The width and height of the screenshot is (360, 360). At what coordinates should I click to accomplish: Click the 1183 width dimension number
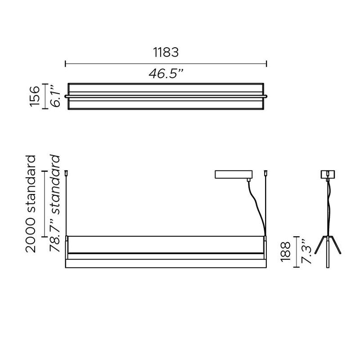point(166,52)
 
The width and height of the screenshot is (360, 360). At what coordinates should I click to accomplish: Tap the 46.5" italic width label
point(166,74)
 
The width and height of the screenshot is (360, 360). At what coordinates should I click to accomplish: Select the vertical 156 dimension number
point(35,96)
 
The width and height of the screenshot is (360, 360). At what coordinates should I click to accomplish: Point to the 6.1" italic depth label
point(55,96)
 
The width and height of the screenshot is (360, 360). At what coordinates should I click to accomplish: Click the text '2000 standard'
point(31,204)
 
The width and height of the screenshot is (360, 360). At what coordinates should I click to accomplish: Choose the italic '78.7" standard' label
point(55,203)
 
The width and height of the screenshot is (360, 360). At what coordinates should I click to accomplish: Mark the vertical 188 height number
point(285,252)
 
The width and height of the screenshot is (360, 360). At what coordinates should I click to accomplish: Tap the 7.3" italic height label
point(306,252)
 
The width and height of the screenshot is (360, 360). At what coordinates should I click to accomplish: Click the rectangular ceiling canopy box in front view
point(234,174)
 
